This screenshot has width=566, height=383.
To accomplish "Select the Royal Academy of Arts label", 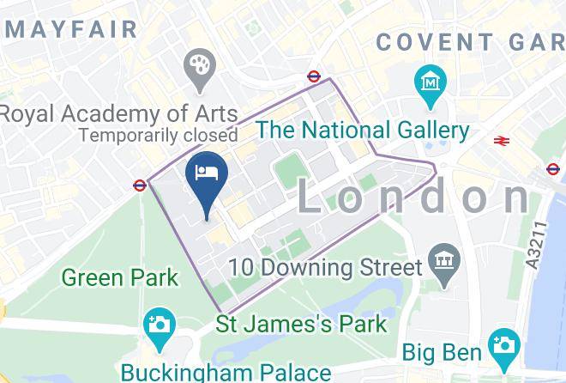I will pyautogui.click(x=118, y=112).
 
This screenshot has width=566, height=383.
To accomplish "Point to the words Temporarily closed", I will pyautogui.click(x=158, y=135).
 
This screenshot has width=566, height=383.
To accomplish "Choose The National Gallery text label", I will pyautogui.click(x=364, y=131).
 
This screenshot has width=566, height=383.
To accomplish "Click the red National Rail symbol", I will pyautogui.click(x=503, y=140).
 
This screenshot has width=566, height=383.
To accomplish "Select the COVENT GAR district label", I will pyautogui.click(x=470, y=41).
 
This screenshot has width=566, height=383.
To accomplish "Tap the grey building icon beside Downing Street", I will pyautogui.click(x=444, y=259).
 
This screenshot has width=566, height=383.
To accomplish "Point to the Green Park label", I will pyautogui.click(x=120, y=277).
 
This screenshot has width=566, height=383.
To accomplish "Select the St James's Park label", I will pyautogui.click(x=300, y=325).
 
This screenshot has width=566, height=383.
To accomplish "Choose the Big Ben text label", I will pyautogui.click(x=442, y=352).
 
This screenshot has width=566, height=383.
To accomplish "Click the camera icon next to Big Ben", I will pyautogui.click(x=503, y=346).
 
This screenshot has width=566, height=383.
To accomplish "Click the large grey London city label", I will pyautogui.click(x=413, y=198).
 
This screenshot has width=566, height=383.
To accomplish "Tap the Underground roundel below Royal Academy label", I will pyautogui.click(x=139, y=184).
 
